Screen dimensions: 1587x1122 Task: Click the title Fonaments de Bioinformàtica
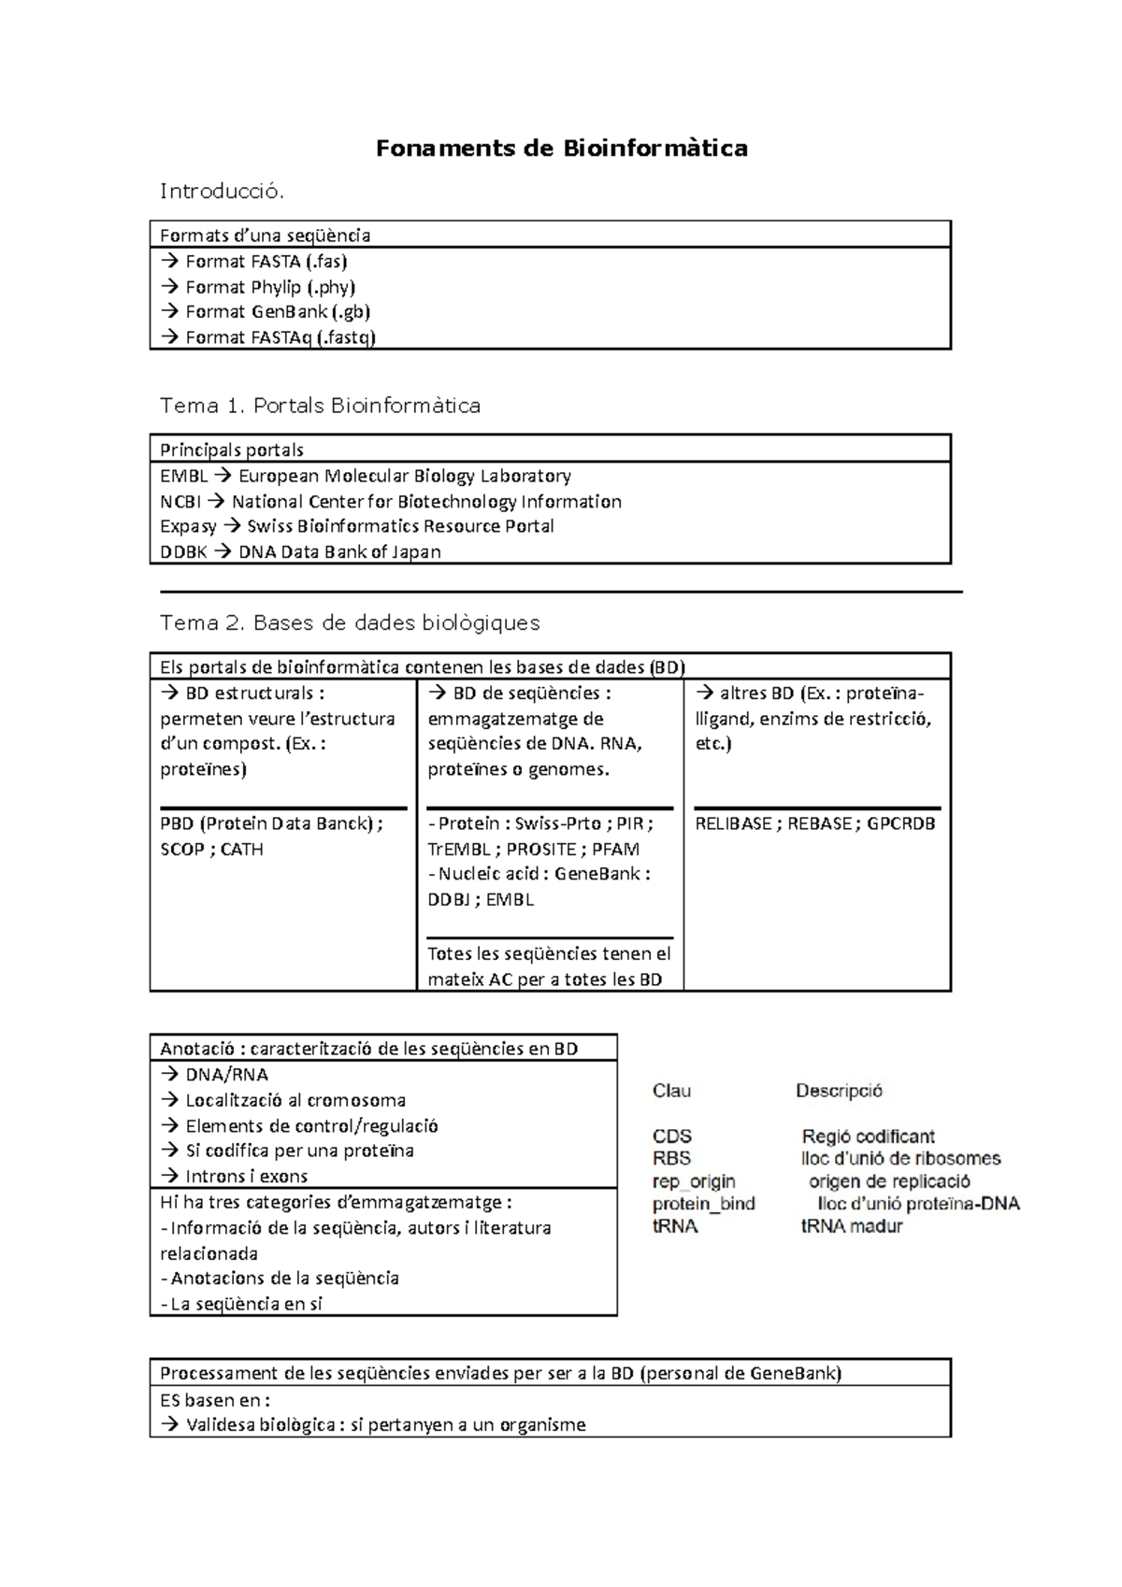point(561,148)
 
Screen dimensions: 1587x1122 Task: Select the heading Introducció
point(221,192)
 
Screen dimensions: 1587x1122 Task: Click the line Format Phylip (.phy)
point(269,287)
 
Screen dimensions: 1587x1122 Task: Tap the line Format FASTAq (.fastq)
point(280,337)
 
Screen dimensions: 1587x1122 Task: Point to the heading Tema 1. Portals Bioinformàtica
point(320,406)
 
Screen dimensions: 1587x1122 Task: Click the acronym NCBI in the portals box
point(180,502)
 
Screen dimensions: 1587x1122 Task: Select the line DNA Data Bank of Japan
point(338,551)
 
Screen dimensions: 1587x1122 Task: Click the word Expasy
point(188,526)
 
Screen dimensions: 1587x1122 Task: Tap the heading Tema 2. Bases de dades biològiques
point(350,622)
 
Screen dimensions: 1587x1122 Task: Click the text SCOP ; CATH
point(211,850)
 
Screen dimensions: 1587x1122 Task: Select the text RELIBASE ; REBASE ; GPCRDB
point(814,823)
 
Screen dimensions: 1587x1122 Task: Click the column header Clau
point(671,1091)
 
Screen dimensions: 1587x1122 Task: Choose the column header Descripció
point(839,1091)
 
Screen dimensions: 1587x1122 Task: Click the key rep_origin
point(694,1181)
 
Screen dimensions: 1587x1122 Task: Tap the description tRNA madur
point(852,1226)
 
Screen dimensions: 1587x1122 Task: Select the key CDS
point(671,1137)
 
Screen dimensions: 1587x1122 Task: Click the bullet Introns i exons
point(246,1177)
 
